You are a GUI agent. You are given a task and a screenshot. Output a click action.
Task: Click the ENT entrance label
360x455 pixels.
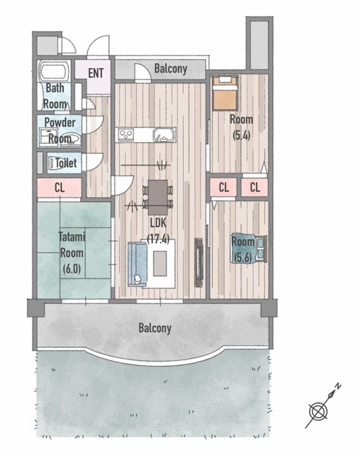pyautogui.click(x=96, y=73)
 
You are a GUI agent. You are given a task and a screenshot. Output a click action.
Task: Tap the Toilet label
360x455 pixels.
pyautogui.click(x=66, y=163)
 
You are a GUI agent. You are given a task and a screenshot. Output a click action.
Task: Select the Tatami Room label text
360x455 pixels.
pyautogui.click(x=72, y=244)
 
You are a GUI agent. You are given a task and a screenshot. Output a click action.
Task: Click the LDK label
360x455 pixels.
pyautogui.click(x=158, y=223)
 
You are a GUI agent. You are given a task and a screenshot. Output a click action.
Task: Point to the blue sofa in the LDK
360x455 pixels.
pyautogui.click(x=137, y=265)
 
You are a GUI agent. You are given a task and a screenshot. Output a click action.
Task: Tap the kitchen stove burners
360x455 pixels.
pyautogui.click(x=126, y=135)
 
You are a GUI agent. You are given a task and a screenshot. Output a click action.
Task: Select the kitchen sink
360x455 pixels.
pyautogui.click(x=164, y=135)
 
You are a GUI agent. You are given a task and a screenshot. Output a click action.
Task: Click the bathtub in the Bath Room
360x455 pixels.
pyautogui.click(x=55, y=71)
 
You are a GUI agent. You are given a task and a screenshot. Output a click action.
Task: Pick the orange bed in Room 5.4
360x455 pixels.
pyautogui.click(x=225, y=93)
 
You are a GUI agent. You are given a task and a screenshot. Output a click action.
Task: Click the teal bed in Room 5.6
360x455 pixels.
pyautogui.click(x=249, y=249)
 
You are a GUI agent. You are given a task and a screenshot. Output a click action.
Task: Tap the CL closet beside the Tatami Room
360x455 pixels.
pyautogui.click(x=59, y=188)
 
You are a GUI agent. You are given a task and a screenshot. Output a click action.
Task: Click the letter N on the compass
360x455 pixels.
pyautogui.click(x=338, y=386)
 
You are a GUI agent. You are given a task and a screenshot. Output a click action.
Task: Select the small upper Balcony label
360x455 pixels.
pyautogui.click(x=171, y=69)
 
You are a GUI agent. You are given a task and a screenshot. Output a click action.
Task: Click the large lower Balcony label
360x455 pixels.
pyautogui.click(x=155, y=328)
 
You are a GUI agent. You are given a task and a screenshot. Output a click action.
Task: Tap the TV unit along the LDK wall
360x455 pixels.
pyautogui.click(x=199, y=263)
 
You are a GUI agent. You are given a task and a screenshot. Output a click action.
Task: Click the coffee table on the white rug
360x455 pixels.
pyautogui.click(x=160, y=263)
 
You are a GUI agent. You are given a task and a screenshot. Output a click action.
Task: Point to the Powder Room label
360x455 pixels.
pyautogui.click(x=60, y=130)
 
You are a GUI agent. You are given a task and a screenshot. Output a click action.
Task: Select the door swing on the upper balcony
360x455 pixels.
pyautogui.click(x=143, y=71)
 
